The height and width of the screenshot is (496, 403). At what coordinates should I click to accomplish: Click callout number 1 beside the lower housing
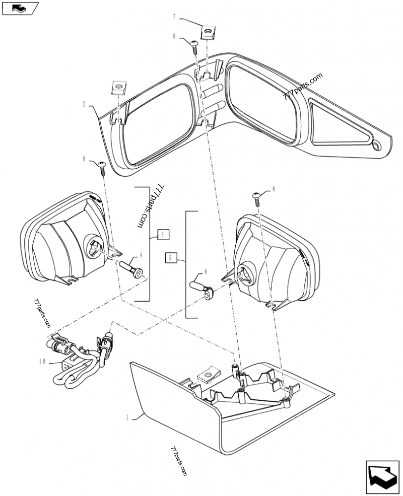[x=128, y=417]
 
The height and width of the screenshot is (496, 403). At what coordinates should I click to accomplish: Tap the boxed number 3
[x=162, y=234]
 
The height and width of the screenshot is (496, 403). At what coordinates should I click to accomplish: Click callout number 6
[x=206, y=271]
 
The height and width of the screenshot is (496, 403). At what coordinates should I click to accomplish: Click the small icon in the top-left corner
[x=20, y=8]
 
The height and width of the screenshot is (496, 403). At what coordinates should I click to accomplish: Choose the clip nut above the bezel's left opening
[x=119, y=89]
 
